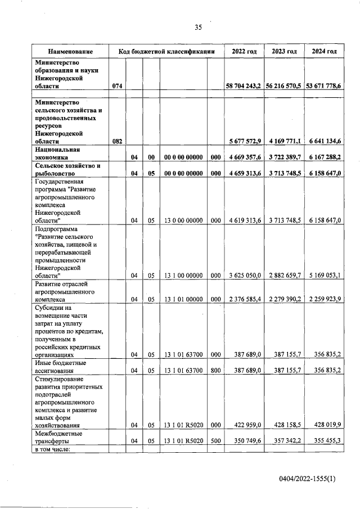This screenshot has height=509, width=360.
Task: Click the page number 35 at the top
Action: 197,26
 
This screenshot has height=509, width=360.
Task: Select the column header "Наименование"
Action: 70,51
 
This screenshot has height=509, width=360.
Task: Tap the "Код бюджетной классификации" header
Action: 167,51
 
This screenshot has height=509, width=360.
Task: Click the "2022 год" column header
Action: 244,51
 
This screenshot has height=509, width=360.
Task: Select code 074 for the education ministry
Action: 117,86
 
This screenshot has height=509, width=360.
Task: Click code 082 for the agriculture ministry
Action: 117,141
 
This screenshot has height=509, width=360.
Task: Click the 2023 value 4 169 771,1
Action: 284,141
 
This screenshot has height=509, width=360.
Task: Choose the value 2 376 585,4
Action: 244,299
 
